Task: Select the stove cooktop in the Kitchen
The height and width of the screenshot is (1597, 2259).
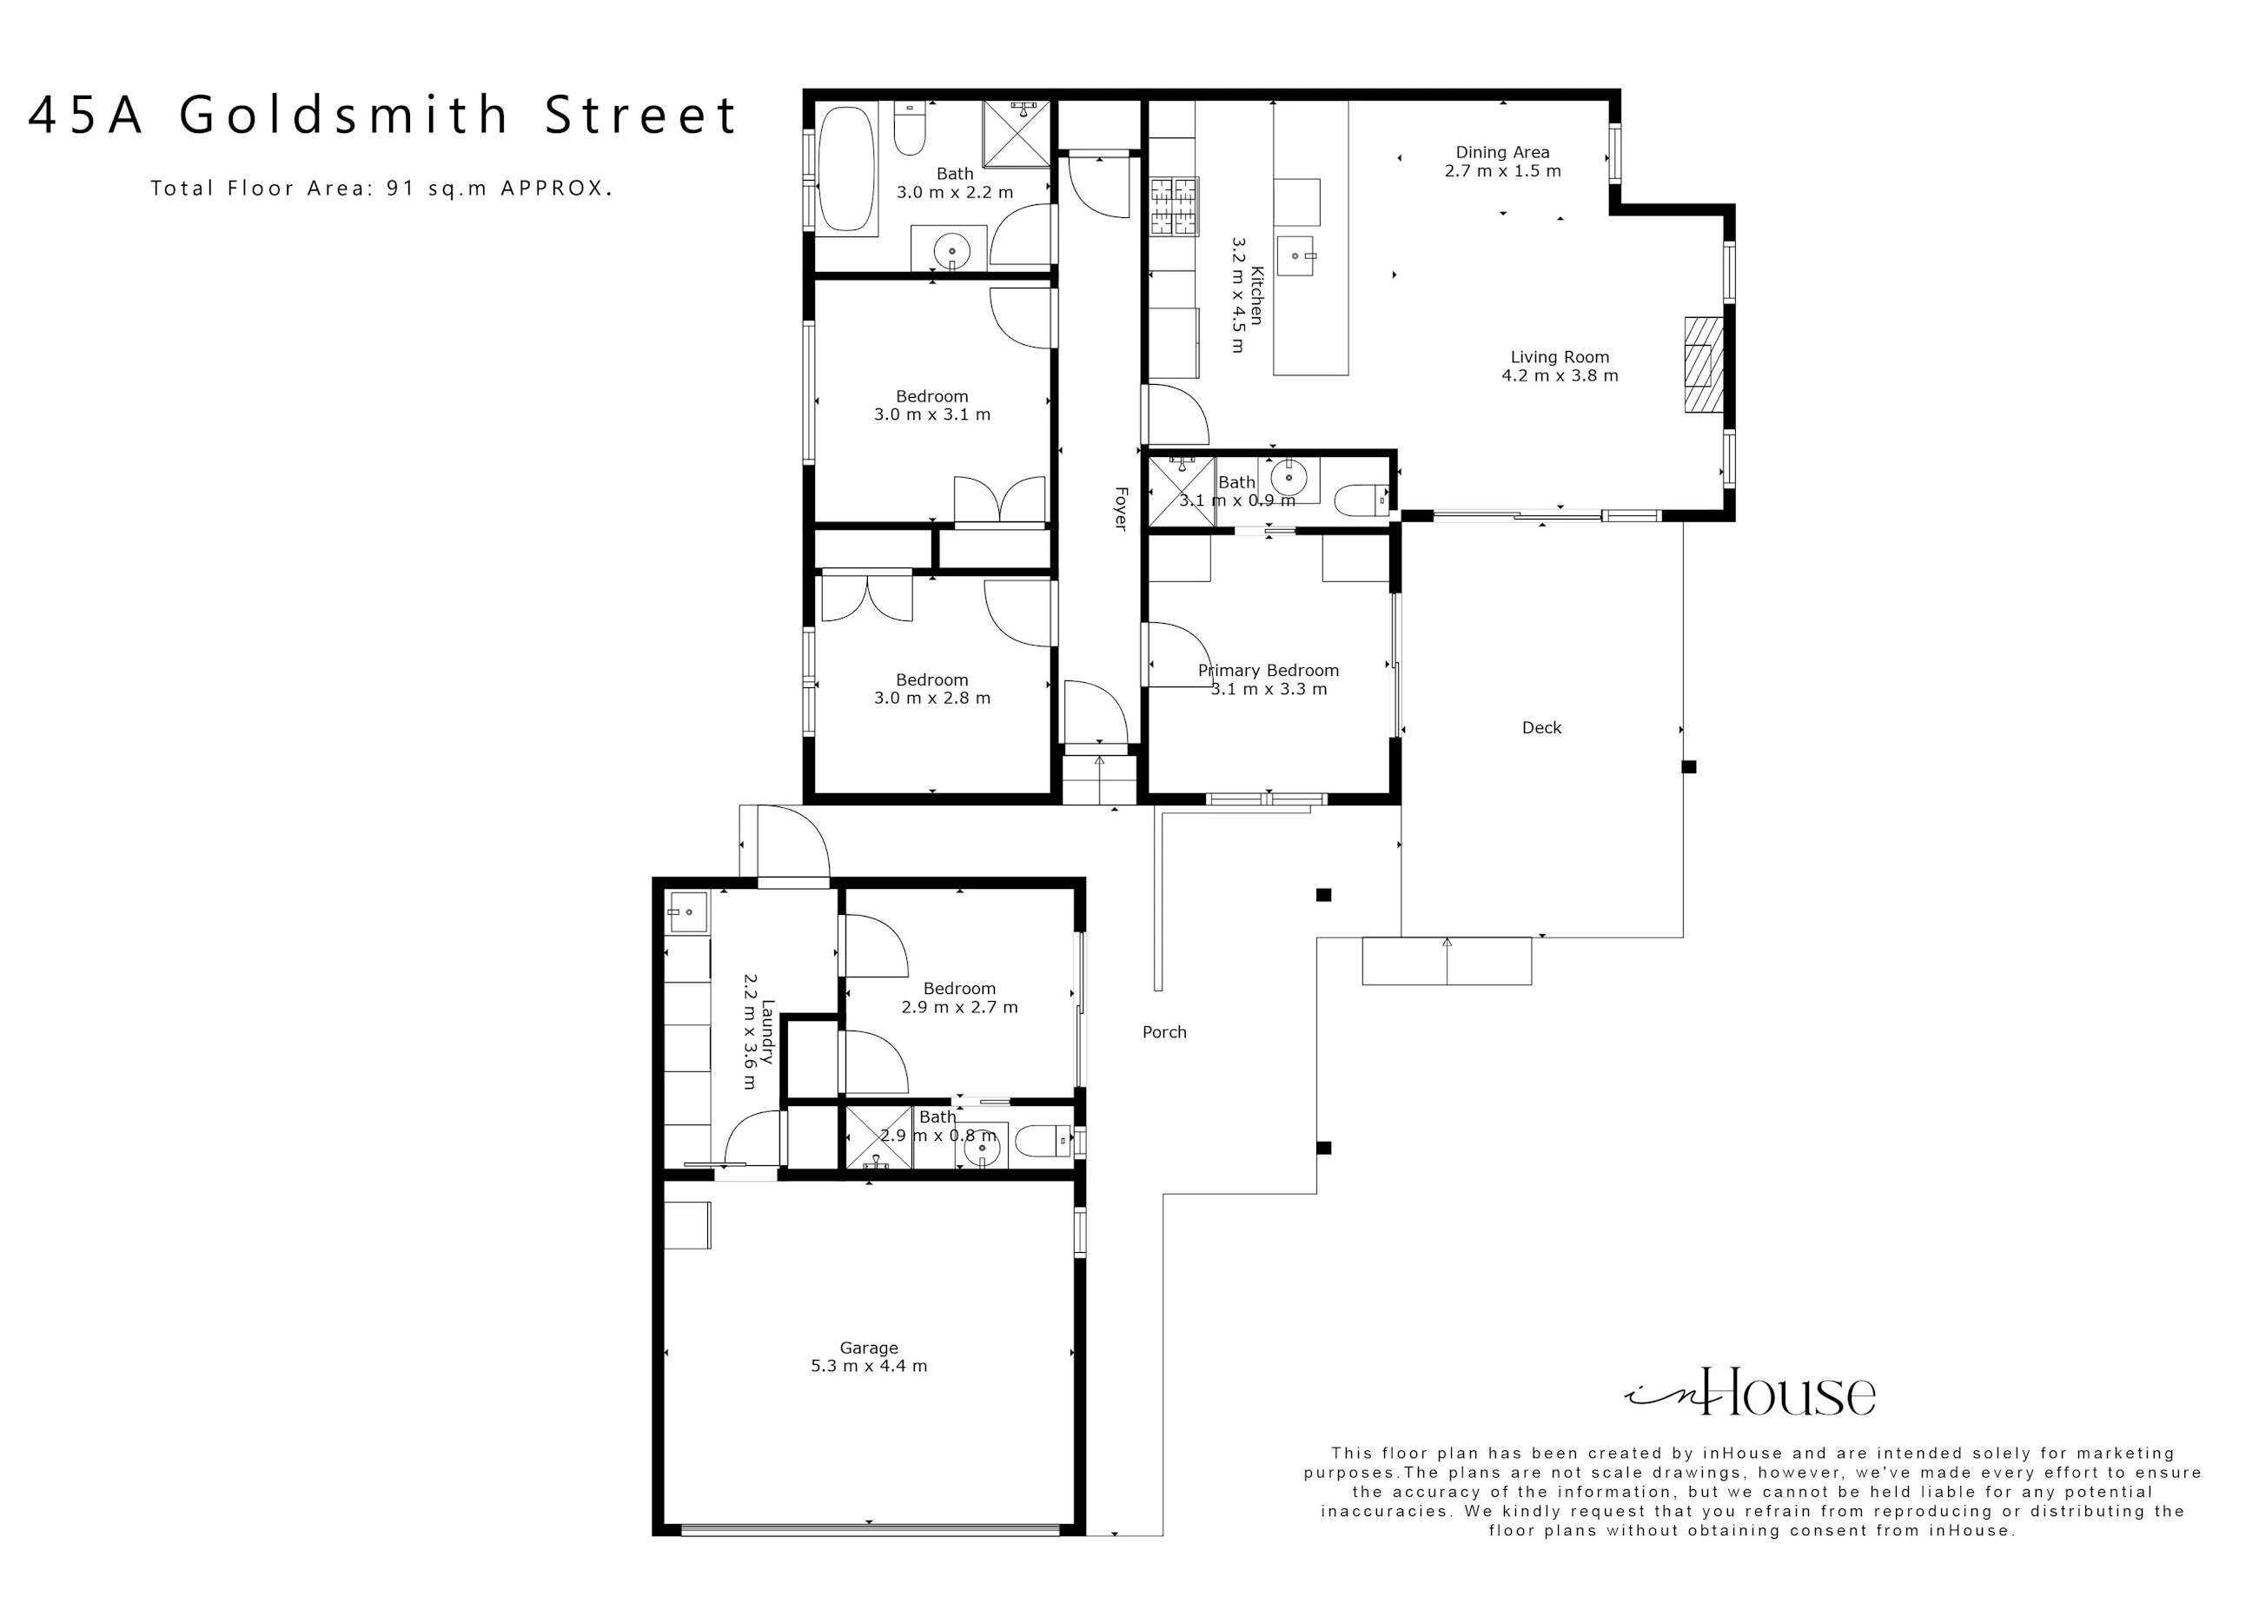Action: [x=1175, y=206]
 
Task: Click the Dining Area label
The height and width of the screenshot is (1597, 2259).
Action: [x=1502, y=153]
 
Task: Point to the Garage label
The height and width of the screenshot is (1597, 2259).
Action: [x=869, y=1348]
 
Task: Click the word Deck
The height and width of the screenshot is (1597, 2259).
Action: [x=1541, y=728]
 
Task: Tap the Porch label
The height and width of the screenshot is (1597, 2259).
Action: [x=1164, y=1032]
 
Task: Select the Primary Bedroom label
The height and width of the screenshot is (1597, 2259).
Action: [x=1269, y=671]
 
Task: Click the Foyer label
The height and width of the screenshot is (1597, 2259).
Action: [x=1120, y=507]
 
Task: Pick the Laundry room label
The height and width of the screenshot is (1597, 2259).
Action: [x=767, y=1032]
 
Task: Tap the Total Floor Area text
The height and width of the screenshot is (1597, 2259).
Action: [x=381, y=188]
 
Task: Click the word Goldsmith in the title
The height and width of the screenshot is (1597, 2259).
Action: [x=344, y=115]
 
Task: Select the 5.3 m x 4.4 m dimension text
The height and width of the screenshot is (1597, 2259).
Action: [x=869, y=1366]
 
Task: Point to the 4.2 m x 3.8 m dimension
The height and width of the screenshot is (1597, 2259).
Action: [x=1560, y=376]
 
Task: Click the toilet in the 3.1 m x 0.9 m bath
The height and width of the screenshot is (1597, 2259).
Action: [x=1361, y=500]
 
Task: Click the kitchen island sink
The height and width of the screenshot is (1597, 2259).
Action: [x=1295, y=255]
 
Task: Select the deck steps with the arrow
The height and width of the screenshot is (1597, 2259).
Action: [x=1447, y=960]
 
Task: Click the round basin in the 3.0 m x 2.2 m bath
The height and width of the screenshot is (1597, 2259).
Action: [x=952, y=252]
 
